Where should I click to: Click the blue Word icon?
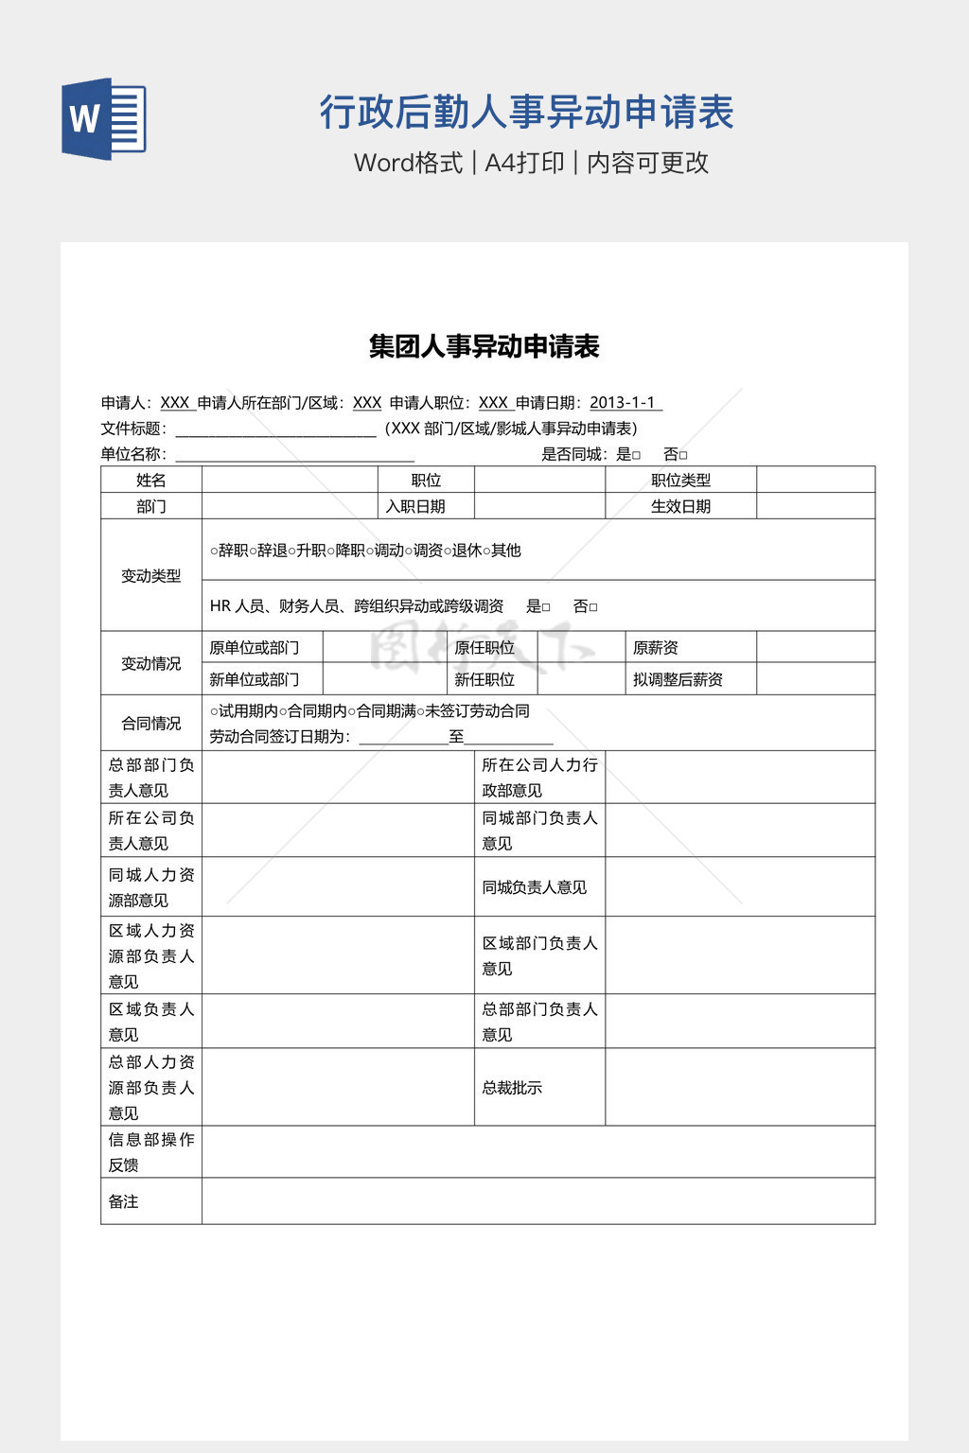point(104,119)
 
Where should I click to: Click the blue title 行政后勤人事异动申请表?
point(526,112)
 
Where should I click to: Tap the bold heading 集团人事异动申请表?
point(484,346)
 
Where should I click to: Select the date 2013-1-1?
point(623,403)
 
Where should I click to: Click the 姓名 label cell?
point(151,480)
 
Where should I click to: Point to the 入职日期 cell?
point(415,506)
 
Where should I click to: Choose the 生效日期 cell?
point(680,506)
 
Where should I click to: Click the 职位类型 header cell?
point(680,480)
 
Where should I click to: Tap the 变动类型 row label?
point(151,575)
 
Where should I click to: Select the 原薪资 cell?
point(656,648)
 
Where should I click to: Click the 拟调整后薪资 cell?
point(678,679)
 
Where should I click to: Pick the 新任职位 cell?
point(484,679)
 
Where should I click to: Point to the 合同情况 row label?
point(151,723)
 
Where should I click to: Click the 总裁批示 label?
point(512,1088)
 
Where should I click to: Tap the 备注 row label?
point(124,1201)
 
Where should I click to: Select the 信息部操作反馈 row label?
point(151,1152)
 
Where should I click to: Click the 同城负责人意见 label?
point(535,887)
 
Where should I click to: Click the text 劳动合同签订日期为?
point(278,737)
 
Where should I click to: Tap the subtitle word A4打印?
point(524,163)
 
